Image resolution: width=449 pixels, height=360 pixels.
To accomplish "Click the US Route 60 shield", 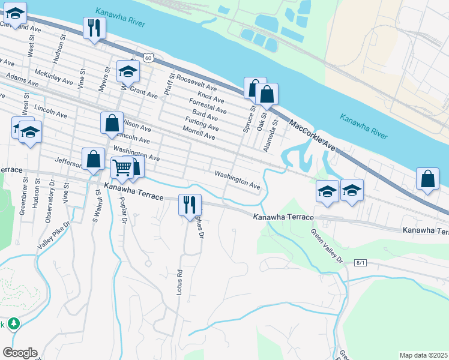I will point(149,58).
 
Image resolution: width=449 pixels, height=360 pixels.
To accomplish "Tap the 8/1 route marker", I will point(360,262).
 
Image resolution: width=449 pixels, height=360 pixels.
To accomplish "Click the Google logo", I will point(20,353).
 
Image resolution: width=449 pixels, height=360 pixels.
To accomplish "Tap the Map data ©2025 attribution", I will point(423,355).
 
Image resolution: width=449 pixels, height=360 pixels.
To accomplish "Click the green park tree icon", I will point(13,324).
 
